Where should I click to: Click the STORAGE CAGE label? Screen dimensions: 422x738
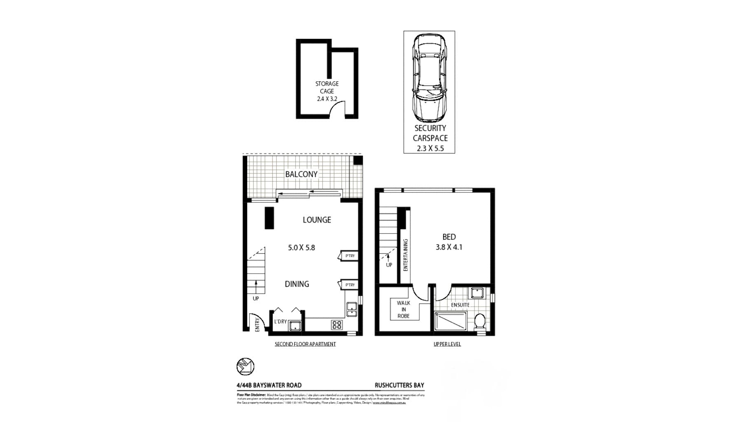coord(327,87)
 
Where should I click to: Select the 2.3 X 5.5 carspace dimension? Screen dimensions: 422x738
coord(430,148)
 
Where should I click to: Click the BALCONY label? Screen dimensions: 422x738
coord(301,174)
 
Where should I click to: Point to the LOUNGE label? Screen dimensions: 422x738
coord(317,220)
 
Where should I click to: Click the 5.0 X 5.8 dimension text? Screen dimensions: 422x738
coord(301,248)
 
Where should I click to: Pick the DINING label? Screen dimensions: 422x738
coord(297,284)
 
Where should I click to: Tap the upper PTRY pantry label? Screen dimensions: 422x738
coord(350,256)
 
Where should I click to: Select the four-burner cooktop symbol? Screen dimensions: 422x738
coord(336,325)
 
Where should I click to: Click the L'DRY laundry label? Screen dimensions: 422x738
coord(280,321)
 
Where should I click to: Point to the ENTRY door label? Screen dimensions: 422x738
coord(257,325)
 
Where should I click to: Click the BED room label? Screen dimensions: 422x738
coord(449,237)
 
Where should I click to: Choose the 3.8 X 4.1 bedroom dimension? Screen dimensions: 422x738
coord(449,247)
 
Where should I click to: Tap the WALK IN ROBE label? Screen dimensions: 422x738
coord(404,309)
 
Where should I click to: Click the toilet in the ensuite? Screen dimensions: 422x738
coord(480,321)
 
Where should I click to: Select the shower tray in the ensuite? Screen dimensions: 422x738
coord(451,321)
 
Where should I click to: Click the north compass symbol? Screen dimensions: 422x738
coord(245,366)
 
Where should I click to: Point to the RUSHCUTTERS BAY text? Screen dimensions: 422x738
coord(399,385)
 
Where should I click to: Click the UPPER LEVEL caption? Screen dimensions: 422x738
coord(447,344)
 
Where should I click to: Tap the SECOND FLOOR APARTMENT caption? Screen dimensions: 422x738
coord(305,344)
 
